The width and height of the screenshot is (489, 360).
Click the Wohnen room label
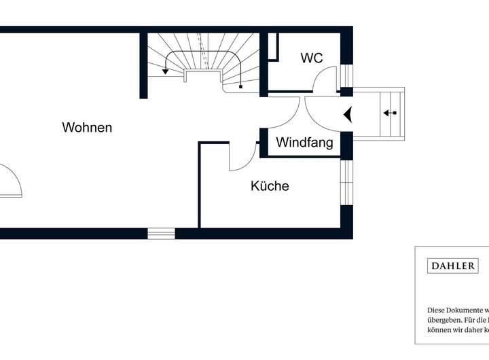[87, 128]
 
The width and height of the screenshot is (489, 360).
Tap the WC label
[312, 58]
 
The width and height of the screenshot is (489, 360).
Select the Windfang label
[304, 143]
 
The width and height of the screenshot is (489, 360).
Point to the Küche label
[270, 186]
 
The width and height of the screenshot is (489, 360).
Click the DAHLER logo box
[452, 266]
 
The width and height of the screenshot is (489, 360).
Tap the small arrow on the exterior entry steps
[389, 113]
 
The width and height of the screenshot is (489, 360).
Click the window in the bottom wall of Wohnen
[162, 234]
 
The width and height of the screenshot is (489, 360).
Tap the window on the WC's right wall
[346, 75]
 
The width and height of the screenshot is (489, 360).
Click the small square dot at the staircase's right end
[241, 86]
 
